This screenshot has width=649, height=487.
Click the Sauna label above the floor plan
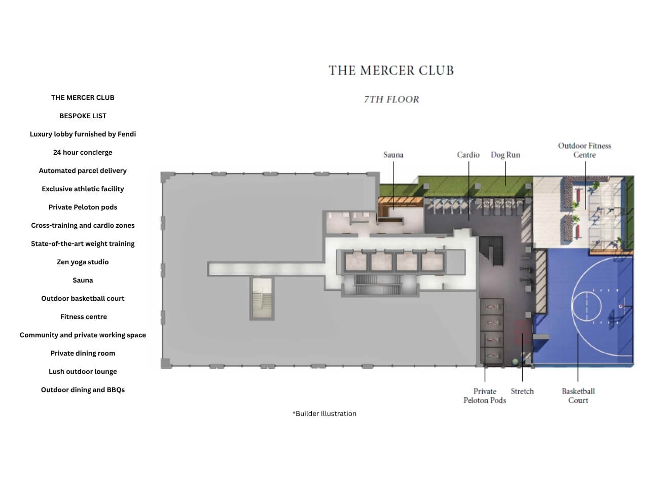(393, 155)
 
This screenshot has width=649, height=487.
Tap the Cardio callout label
(468, 155)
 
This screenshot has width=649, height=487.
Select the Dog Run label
(506, 155)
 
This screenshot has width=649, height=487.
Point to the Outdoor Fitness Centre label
(585, 150)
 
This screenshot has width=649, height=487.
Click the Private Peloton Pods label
(485, 396)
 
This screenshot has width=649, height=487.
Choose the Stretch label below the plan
(522, 391)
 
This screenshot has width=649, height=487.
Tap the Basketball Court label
(578, 396)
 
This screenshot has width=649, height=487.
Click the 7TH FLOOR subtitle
(391, 99)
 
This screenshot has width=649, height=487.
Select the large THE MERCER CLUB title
(391, 71)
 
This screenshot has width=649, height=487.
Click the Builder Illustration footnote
(324, 413)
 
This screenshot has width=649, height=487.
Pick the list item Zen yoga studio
(83, 262)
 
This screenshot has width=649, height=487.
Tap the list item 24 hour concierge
(83, 152)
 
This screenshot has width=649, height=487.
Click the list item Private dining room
(83, 353)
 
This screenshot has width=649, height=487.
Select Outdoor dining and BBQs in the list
(83, 390)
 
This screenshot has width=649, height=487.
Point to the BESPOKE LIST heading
(83, 116)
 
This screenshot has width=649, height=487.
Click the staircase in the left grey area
(262, 298)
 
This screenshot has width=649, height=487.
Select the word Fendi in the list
(127, 134)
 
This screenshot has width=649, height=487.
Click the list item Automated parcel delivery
(83, 170)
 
